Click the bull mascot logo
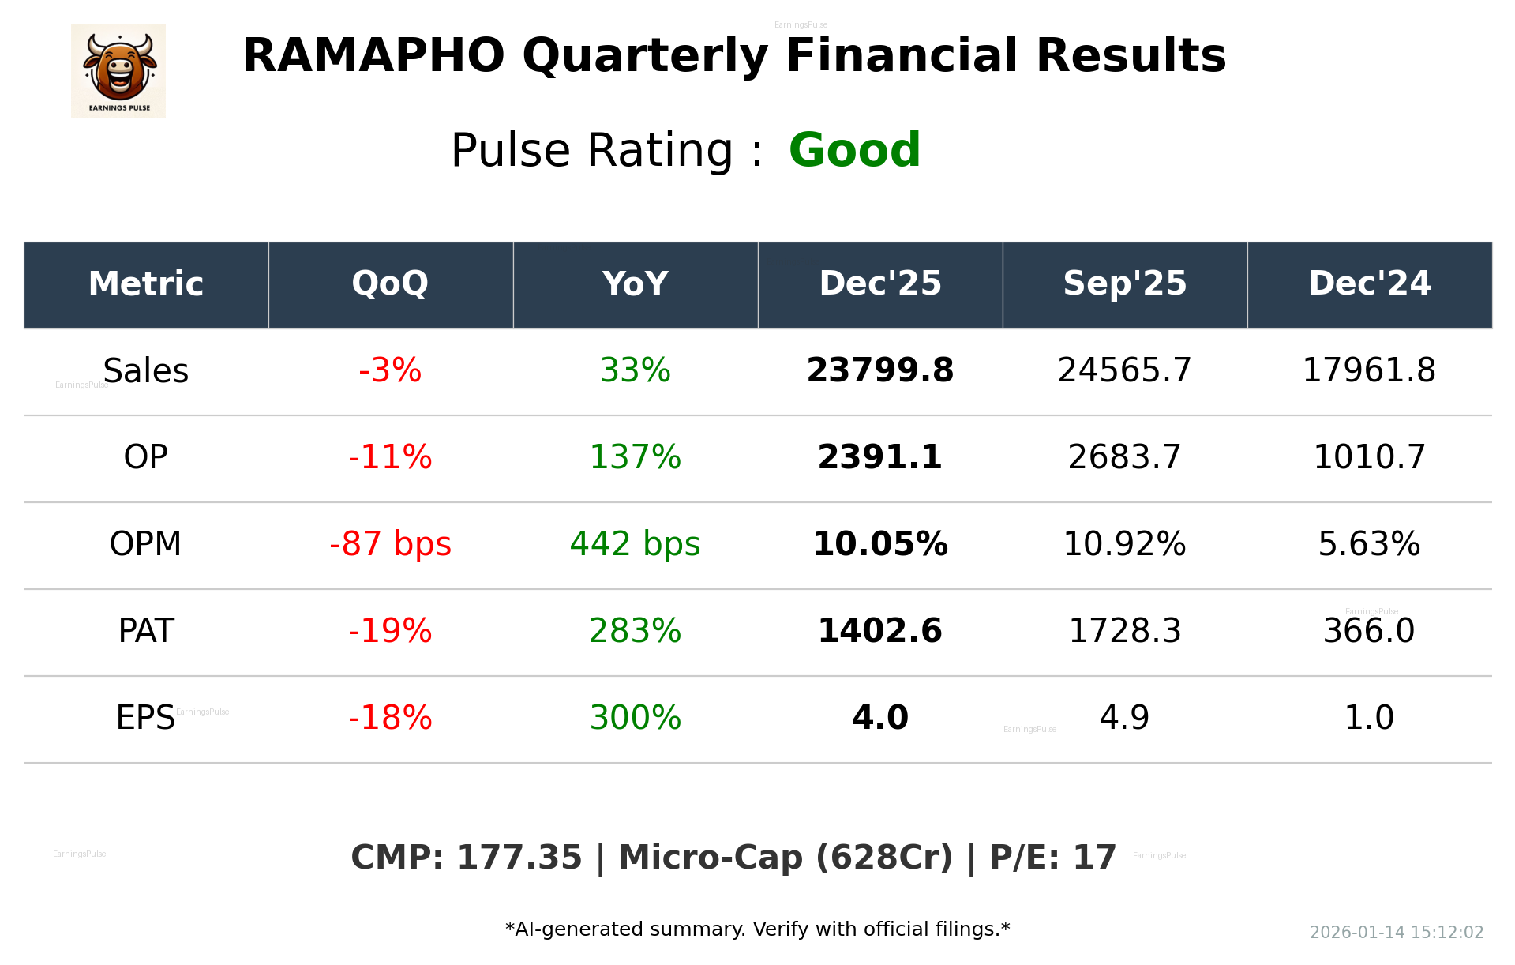pos(118,71)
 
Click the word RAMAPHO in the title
pos(373,56)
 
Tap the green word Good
pos(854,150)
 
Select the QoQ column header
pos(390,284)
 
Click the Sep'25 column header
pos(1124,284)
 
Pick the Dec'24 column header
pos(1369,284)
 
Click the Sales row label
pos(146,371)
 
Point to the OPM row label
pos(146,545)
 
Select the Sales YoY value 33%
pos(635,371)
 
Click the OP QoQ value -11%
pos(390,458)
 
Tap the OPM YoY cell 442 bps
pos(635,545)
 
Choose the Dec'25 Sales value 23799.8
pos(879,371)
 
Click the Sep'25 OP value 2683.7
pos(1124,458)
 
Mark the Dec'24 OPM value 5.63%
pos(1369,545)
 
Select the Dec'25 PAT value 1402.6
pos(879,632)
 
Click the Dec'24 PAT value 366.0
pos(1369,632)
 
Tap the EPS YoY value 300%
pos(635,719)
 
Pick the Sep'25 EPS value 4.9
pos(1124,719)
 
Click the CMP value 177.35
pos(519,858)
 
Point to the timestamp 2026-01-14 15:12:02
pos(1396,933)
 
